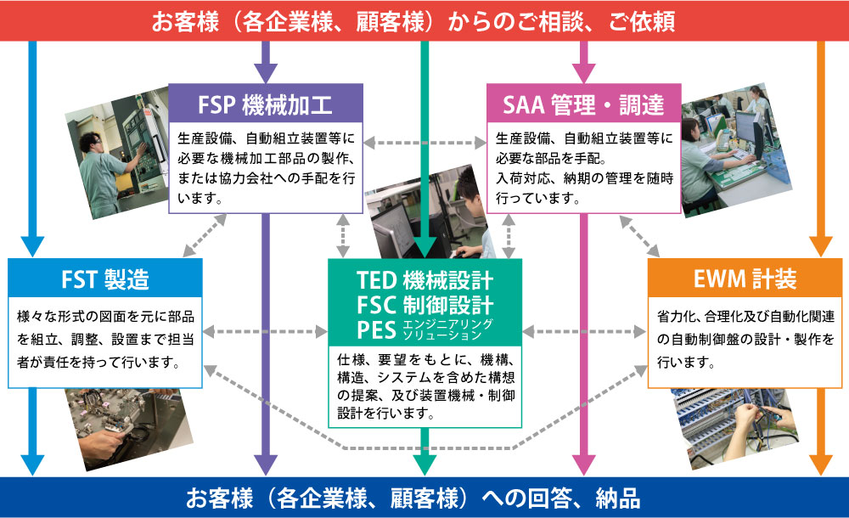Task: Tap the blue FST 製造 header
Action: pos(104,278)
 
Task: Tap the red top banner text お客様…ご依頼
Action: pos(413,20)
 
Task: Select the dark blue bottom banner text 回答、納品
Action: pos(413,498)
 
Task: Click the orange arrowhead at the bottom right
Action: pos(820,464)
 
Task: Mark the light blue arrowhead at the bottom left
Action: pos(31,464)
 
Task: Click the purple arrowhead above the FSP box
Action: pos(266,73)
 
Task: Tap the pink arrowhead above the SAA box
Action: pos(583,73)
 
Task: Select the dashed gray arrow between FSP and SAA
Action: pos(424,142)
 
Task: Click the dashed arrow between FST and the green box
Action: pos(266,329)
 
